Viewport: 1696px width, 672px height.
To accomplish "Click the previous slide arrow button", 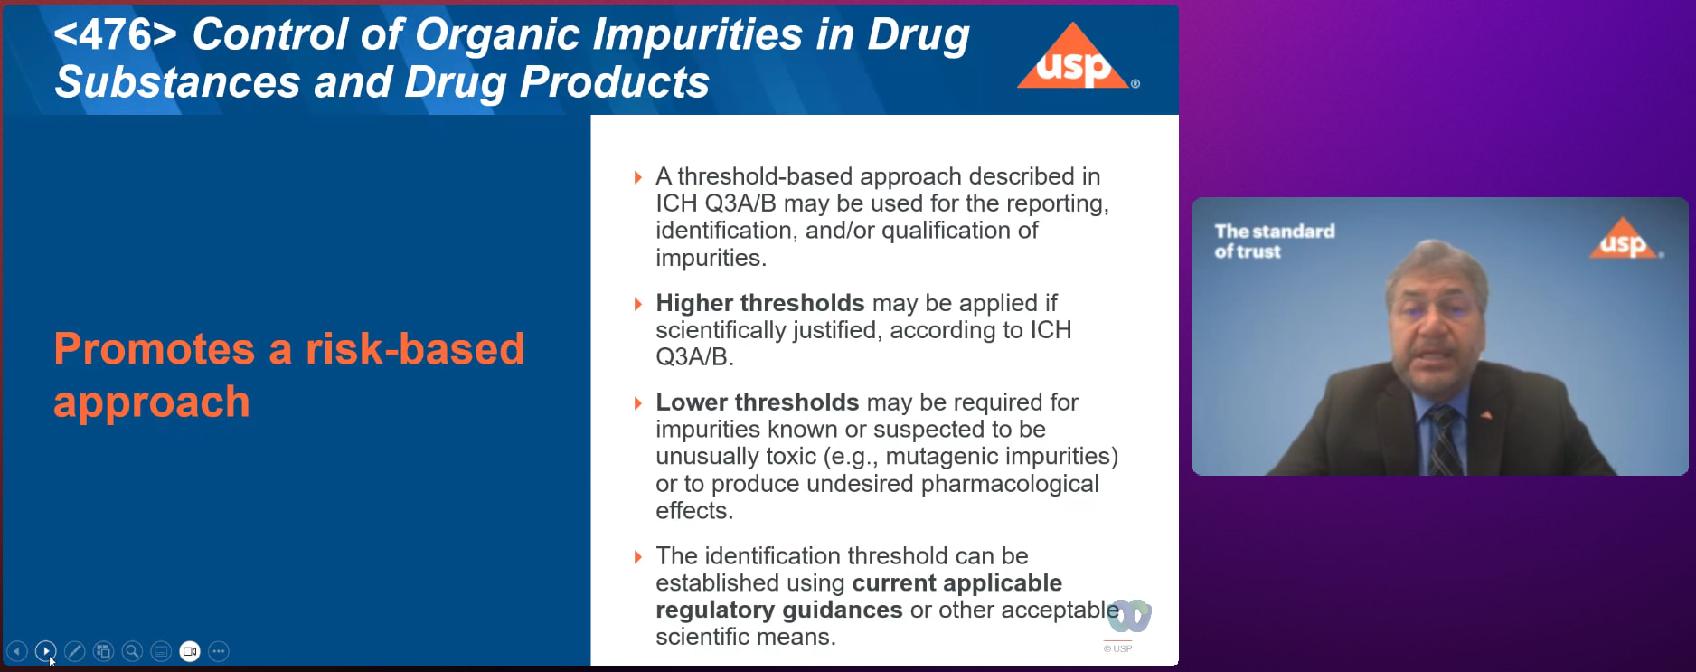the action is click(x=17, y=651).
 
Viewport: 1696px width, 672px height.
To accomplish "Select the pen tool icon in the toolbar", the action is click(x=75, y=651).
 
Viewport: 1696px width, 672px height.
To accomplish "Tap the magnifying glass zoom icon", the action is click(x=132, y=651).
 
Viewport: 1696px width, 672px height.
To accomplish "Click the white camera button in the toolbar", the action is click(x=190, y=651).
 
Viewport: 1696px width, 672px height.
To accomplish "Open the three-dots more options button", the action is click(x=219, y=651).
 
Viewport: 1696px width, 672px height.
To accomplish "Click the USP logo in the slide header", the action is click(x=1077, y=56).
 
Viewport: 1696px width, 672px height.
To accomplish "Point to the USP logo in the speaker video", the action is click(x=1625, y=239).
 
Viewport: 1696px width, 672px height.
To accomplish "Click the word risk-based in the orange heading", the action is click(x=415, y=349).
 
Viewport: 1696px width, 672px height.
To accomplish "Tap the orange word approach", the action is click(x=152, y=402).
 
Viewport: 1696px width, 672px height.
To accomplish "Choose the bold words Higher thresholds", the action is click(x=760, y=303).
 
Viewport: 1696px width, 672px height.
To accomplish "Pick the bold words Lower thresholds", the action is click(x=758, y=402).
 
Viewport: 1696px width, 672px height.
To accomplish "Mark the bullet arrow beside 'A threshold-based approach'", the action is click(x=638, y=177).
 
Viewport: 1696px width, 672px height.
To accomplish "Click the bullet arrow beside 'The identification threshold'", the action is click(x=638, y=557).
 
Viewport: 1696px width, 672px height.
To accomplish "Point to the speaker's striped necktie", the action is click(x=1444, y=440).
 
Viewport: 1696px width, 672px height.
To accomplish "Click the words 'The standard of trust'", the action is click(x=1275, y=241).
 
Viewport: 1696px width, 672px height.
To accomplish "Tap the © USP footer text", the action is click(x=1118, y=648).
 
